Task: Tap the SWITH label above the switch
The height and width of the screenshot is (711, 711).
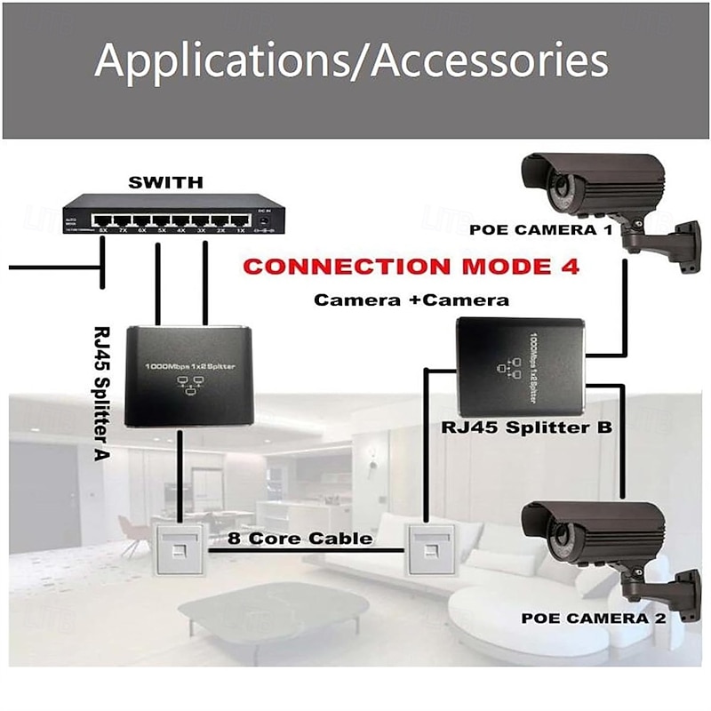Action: pos(166,182)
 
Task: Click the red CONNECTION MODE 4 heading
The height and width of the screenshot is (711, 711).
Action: pos(411,266)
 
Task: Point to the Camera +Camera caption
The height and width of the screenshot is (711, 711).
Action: pos(411,300)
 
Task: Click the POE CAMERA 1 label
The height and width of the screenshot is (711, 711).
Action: pos(541,228)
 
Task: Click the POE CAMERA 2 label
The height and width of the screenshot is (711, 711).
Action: pos(593,616)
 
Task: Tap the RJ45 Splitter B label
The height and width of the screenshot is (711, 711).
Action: pos(527,427)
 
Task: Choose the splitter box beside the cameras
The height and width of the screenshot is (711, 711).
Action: pos(520,364)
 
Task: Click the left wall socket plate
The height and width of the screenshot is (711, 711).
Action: pos(181,548)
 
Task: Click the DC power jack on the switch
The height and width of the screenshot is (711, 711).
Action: pos(264,219)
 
